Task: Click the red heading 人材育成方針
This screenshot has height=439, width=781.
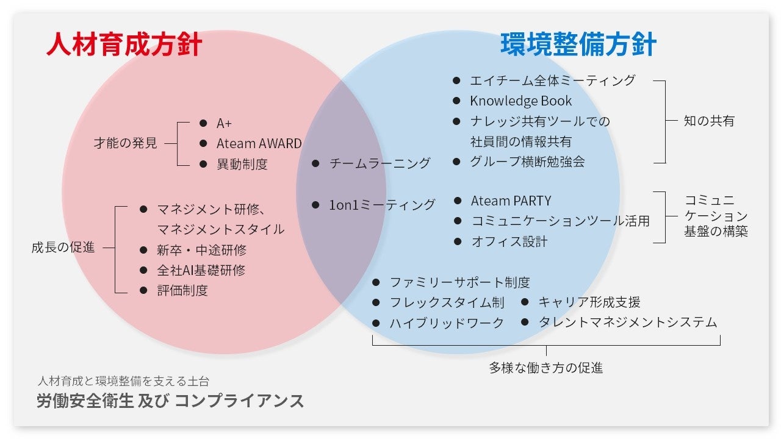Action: (x=124, y=46)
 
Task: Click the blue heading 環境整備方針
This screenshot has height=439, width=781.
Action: (x=578, y=46)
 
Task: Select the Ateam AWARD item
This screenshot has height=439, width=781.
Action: (x=259, y=144)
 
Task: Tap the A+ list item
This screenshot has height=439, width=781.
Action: (x=224, y=123)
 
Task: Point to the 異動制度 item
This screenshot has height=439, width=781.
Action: (x=242, y=164)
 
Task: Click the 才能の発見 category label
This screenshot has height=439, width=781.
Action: (x=125, y=143)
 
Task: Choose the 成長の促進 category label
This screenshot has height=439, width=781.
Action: (x=63, y=248)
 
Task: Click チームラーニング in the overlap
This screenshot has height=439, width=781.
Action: (x=380, y=163)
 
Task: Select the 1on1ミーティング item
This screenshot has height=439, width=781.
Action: (x=382, y=205)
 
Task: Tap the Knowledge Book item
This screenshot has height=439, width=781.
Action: (x=520, y=101)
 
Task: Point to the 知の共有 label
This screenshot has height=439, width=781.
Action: (x=709, y=121)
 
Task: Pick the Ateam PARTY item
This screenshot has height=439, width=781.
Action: (x=511, y=201)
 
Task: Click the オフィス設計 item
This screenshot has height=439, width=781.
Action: (x=509, y=241)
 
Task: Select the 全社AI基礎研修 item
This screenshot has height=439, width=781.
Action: (x=201, y=270)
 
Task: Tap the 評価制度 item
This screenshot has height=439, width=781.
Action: (x=182, y=290)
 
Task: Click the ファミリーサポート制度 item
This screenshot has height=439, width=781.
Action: (x=459, y=282)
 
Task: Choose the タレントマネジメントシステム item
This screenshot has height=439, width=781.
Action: (x=627, y=323)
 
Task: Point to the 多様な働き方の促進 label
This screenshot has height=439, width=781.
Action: (x=545, y=368)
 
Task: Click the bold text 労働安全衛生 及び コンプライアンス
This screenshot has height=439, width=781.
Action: (x=170, y=401)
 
